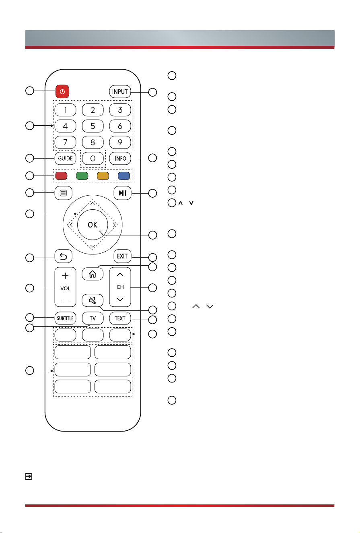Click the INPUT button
[120, 92]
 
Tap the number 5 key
[93, 126]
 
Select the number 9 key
[120, 142]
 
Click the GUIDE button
[66, 158]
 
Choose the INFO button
[120, 158]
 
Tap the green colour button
[82, 176]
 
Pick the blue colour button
[124, 176]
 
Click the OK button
[93, 225]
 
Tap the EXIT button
[122, 256]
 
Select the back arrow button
[64, 256]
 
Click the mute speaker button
[93, 300]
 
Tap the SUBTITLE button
[66, 318]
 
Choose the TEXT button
[120, 318]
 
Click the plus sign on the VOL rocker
[66, 276]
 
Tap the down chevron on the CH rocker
[120, 300]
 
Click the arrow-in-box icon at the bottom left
[29, 476]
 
